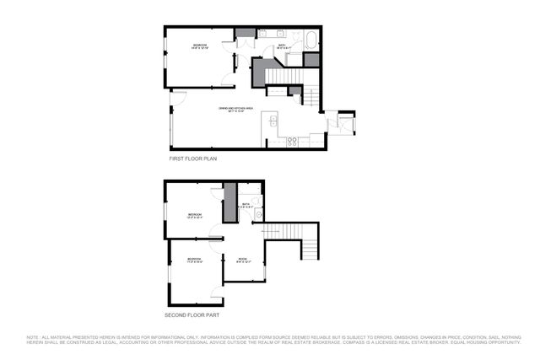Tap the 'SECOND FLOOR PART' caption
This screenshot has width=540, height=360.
192,314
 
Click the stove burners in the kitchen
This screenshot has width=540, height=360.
291,142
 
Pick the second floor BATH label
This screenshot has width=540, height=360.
246,204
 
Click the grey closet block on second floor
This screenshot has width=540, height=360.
228,205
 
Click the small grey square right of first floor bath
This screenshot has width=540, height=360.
311,60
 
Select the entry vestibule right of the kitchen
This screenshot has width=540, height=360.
344,122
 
